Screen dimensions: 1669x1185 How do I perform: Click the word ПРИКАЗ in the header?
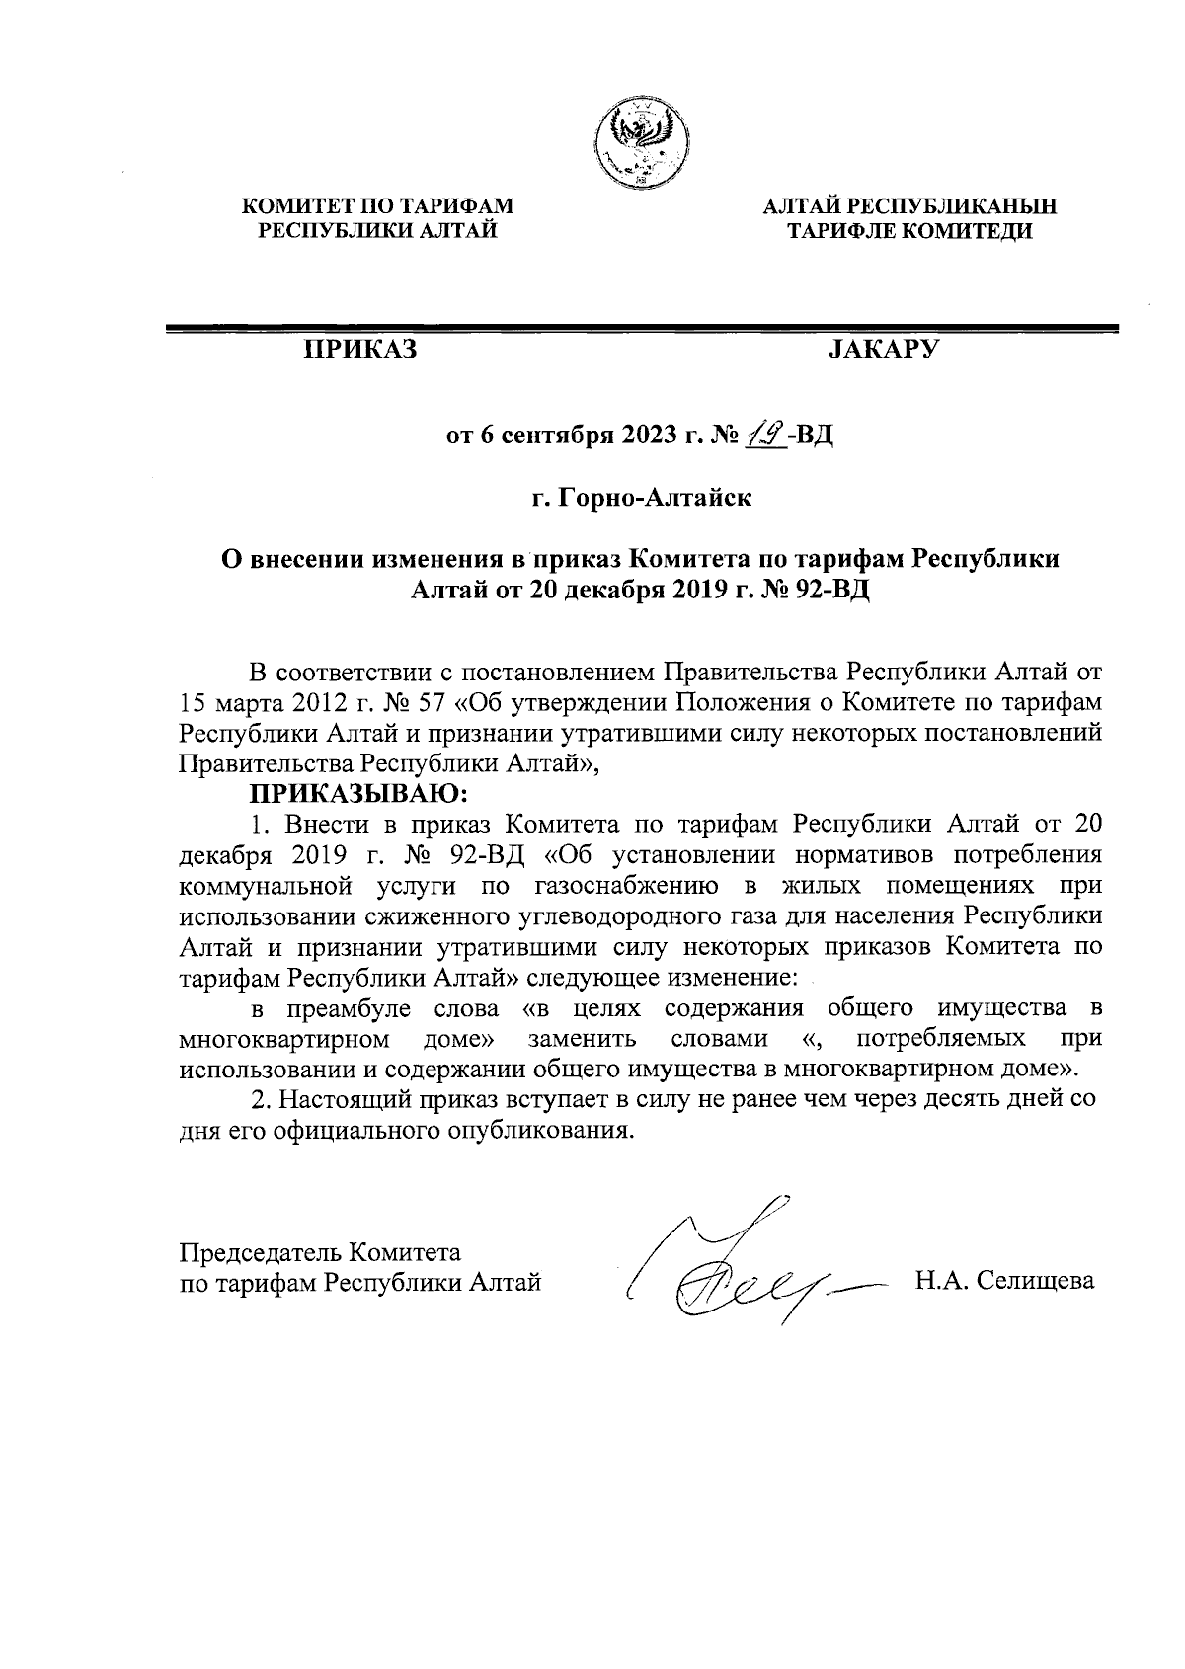[359, 350]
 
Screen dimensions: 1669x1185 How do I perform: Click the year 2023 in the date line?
[647, 436]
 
